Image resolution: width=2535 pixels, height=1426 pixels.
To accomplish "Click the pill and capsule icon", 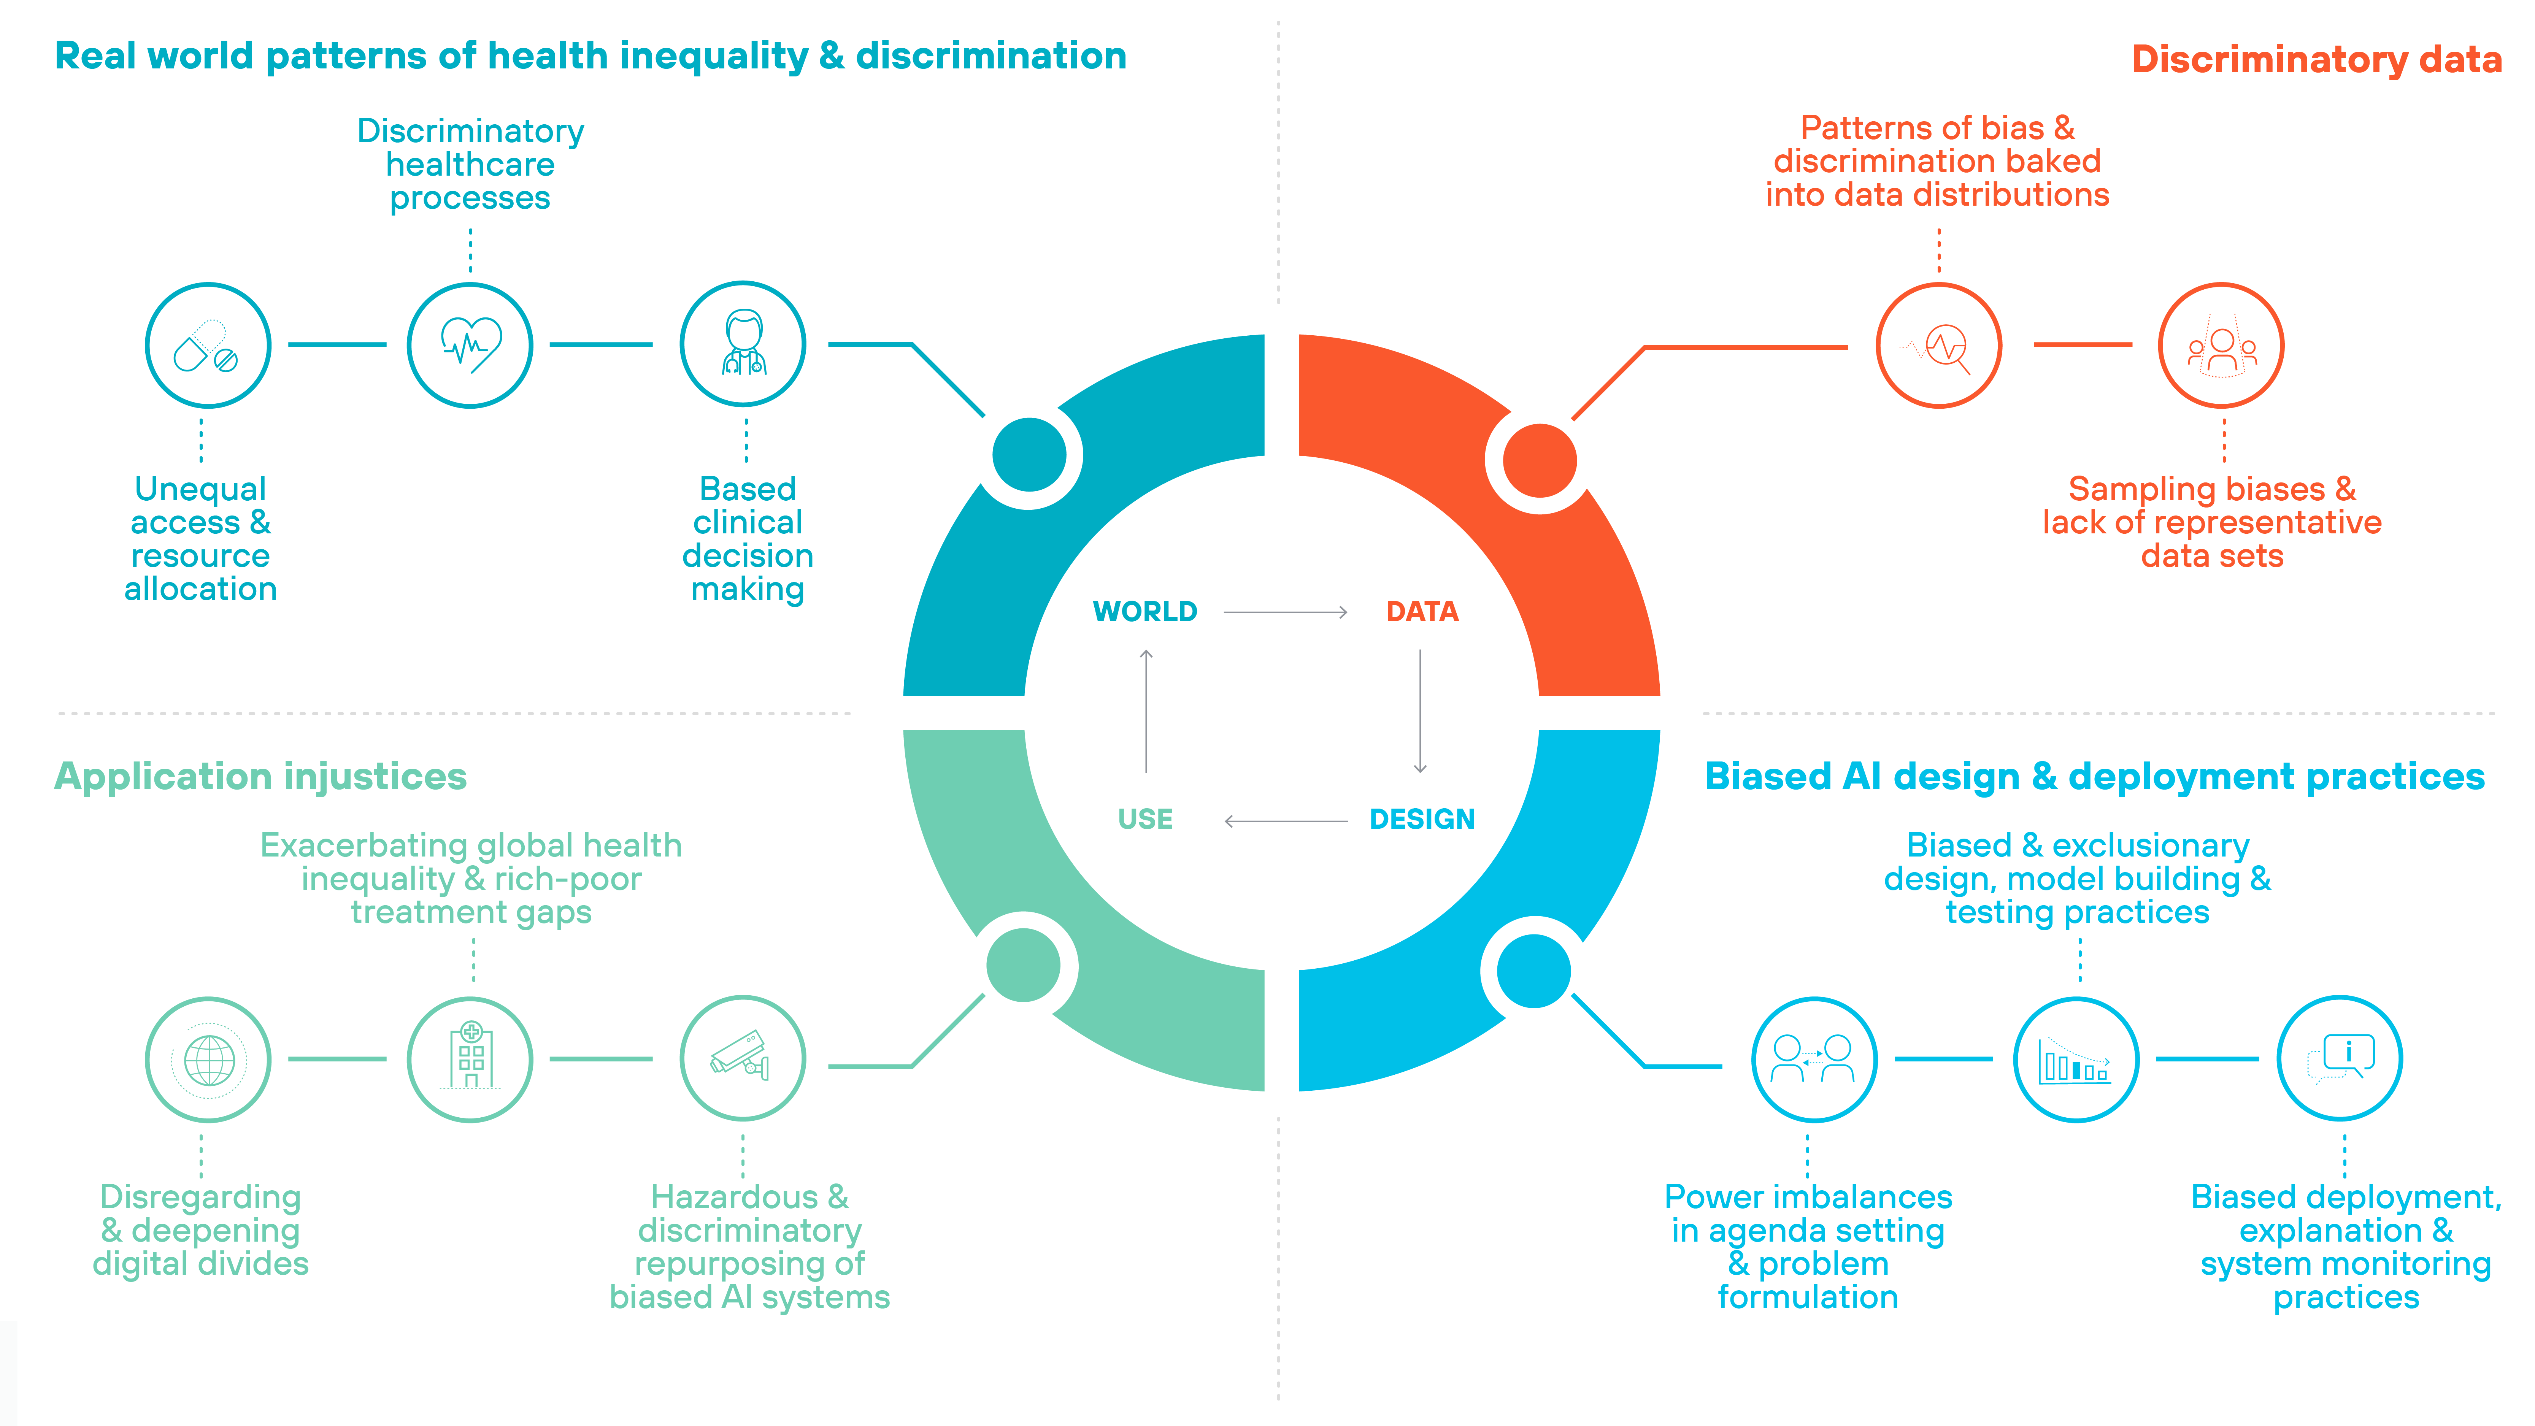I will pyautogui.click(x=208, y=346).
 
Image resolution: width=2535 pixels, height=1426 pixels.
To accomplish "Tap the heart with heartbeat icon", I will pyautogui.click(x=470, y=346).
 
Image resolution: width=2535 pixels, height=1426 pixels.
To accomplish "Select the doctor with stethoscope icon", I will pyautogui.click(x=743, y=344).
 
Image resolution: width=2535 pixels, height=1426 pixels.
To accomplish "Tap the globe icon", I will pyautogui.click(x=208, y=1060).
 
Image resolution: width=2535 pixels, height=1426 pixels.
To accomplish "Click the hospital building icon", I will pyautogui.click(x=470, y=1060).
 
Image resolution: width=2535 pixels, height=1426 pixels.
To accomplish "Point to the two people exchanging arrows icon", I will pyautogui.click(x=1814, y=1060).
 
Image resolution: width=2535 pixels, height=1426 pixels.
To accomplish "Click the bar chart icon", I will pyautogui.click(x=2076, y=1060).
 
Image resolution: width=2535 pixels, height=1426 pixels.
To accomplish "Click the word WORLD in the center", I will pyautogui.click(x=1144, y=612).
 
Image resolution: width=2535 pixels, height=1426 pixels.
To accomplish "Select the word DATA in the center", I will pyautogui.click(x=1422, y=612).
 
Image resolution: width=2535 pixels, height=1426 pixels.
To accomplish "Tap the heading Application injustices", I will pyautogui.click(x=261, y=776).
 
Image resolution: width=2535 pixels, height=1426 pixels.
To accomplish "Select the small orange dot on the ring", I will pyautogui.click(x=1540, y=461).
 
